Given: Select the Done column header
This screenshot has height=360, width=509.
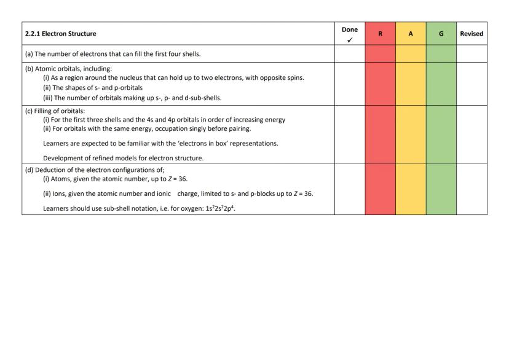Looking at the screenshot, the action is (x=349, y=29).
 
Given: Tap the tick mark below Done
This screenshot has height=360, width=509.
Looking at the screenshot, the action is (x=349, y=39).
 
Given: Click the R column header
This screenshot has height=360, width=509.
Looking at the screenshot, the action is (x=380, y=34).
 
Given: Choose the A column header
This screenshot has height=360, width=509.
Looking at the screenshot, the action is (x=411, y=34).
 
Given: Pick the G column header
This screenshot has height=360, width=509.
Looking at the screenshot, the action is (x=441, y=34).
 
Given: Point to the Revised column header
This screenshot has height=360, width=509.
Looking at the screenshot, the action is (x=472, y=34).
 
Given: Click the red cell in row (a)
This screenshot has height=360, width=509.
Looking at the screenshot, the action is (x=380, y=53).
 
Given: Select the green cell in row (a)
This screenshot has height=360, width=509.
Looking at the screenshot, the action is (x=441, y=53).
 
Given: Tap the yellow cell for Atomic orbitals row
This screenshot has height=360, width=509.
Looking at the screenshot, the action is (x=411, y=84).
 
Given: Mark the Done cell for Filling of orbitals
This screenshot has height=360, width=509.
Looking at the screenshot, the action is (x=349, y=134).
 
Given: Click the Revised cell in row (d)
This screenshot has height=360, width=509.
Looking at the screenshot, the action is (x=472, y=189).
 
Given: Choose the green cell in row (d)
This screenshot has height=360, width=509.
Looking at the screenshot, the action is (x=441, y=189).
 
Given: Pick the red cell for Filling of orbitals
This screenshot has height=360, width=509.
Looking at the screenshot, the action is (x=380, y=134).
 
